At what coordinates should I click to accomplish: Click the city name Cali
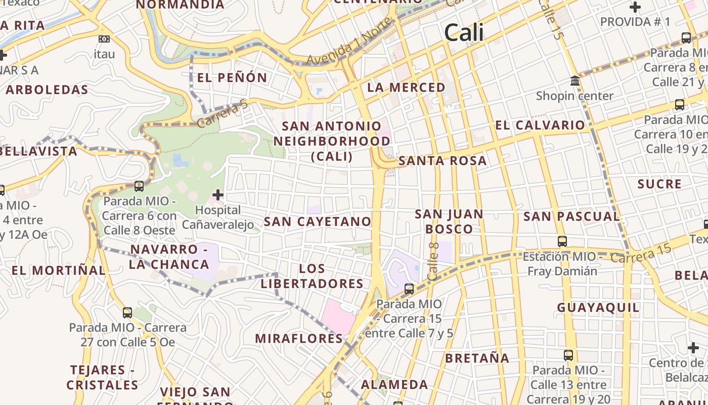click(464, 33)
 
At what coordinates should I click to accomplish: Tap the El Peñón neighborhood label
click(232, 77)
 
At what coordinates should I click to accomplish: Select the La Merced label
click(406, 88)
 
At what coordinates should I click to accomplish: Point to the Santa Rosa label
click(442, 161)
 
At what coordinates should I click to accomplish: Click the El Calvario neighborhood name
click(540, 126)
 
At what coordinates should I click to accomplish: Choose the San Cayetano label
click(318, 222)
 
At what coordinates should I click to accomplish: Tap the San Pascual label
click(571, 217)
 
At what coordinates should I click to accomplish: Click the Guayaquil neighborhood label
click(598, 308)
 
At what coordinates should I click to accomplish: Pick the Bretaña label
click(477, 358)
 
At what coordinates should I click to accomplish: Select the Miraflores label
click(299, 339)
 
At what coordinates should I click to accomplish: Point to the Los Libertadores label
click(312, 276)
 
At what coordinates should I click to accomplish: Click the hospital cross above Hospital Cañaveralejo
click(218, 195)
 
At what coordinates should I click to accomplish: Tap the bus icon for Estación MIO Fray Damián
click(562, 241)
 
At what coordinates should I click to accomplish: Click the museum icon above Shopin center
click(574, 81)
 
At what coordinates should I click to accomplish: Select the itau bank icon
click(104, 39)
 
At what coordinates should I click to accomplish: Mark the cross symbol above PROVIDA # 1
click(635, 8)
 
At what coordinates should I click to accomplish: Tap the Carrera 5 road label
click(223, 113)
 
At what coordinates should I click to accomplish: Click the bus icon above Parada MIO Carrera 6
click(139, 186)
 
